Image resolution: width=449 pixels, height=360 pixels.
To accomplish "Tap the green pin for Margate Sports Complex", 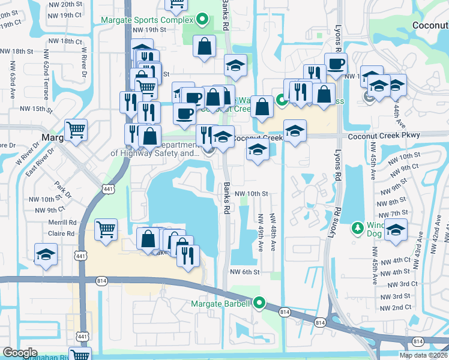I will coord(202,20).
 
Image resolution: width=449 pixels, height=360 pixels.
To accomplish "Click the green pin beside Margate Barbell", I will coord(259,303).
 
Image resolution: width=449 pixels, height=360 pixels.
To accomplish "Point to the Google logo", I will coord(20,353).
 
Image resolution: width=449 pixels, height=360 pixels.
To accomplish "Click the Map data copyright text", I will coord(424,355).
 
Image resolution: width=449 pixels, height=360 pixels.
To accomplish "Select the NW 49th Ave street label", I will coord(261,232).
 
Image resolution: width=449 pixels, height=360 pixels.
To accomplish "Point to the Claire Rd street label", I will coord(62,233).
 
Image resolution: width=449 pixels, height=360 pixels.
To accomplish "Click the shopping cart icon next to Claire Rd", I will coord(106,230).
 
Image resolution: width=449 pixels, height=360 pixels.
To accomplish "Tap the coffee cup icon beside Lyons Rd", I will coord(336,64).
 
